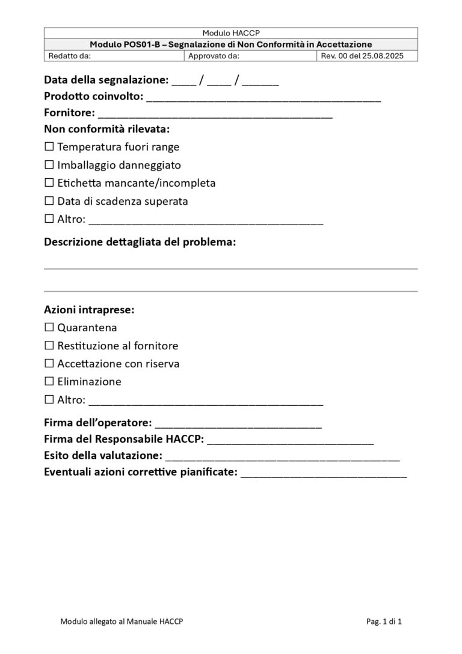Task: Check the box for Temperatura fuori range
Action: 49,146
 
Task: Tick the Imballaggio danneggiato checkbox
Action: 49,164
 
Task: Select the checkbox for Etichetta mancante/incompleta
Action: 49,182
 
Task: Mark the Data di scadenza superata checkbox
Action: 49,201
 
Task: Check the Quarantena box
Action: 49,328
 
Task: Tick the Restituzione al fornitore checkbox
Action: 49,346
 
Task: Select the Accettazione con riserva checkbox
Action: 49,364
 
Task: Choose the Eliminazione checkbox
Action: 49,381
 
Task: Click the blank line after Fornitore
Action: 215,114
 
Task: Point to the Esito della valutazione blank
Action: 283,457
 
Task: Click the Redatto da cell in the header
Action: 114,56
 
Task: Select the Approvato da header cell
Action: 250,56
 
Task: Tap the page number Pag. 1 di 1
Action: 384,621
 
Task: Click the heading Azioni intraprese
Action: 89,310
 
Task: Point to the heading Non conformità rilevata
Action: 106,129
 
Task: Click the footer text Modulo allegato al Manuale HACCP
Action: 122,621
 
